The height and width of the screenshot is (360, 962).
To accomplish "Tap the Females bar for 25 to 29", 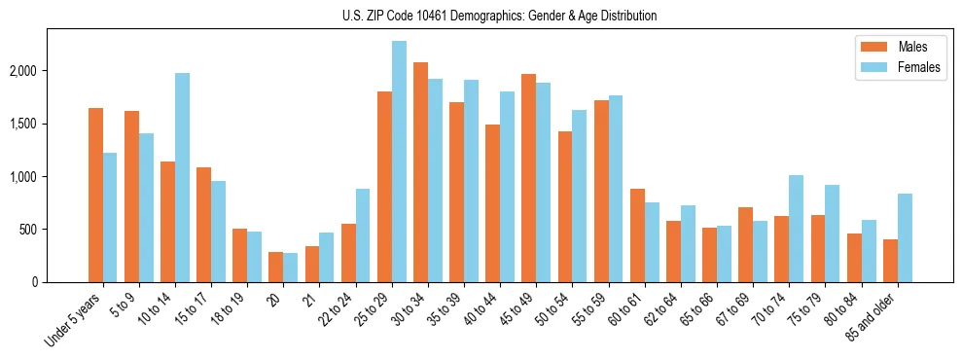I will (x=399, y=162).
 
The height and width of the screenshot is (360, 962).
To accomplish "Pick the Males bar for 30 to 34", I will (x=420, y=172).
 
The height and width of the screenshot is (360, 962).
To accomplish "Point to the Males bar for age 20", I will (x=275, y=267).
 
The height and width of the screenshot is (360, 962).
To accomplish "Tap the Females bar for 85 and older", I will (x=905, y=238).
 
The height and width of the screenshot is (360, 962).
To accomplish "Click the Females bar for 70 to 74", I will (x=797, y=229).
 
